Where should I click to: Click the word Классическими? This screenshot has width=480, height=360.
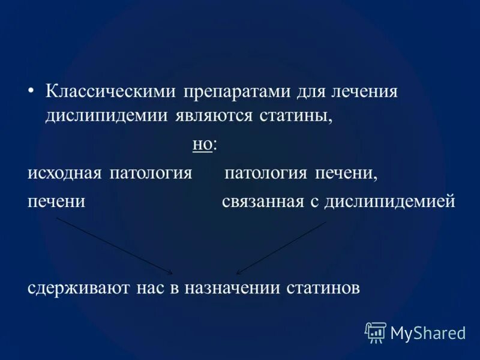point(111,92)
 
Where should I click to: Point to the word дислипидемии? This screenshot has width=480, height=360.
point(108,115)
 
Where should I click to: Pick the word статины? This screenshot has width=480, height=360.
point(296,115)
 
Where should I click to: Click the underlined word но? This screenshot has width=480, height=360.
point(202,145)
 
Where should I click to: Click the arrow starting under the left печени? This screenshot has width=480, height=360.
point(114,245)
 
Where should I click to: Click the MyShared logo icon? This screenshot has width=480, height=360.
point(376,332)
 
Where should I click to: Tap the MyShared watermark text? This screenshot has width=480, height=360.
point(428,332)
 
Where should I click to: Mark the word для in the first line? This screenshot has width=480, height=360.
point(310,93)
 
